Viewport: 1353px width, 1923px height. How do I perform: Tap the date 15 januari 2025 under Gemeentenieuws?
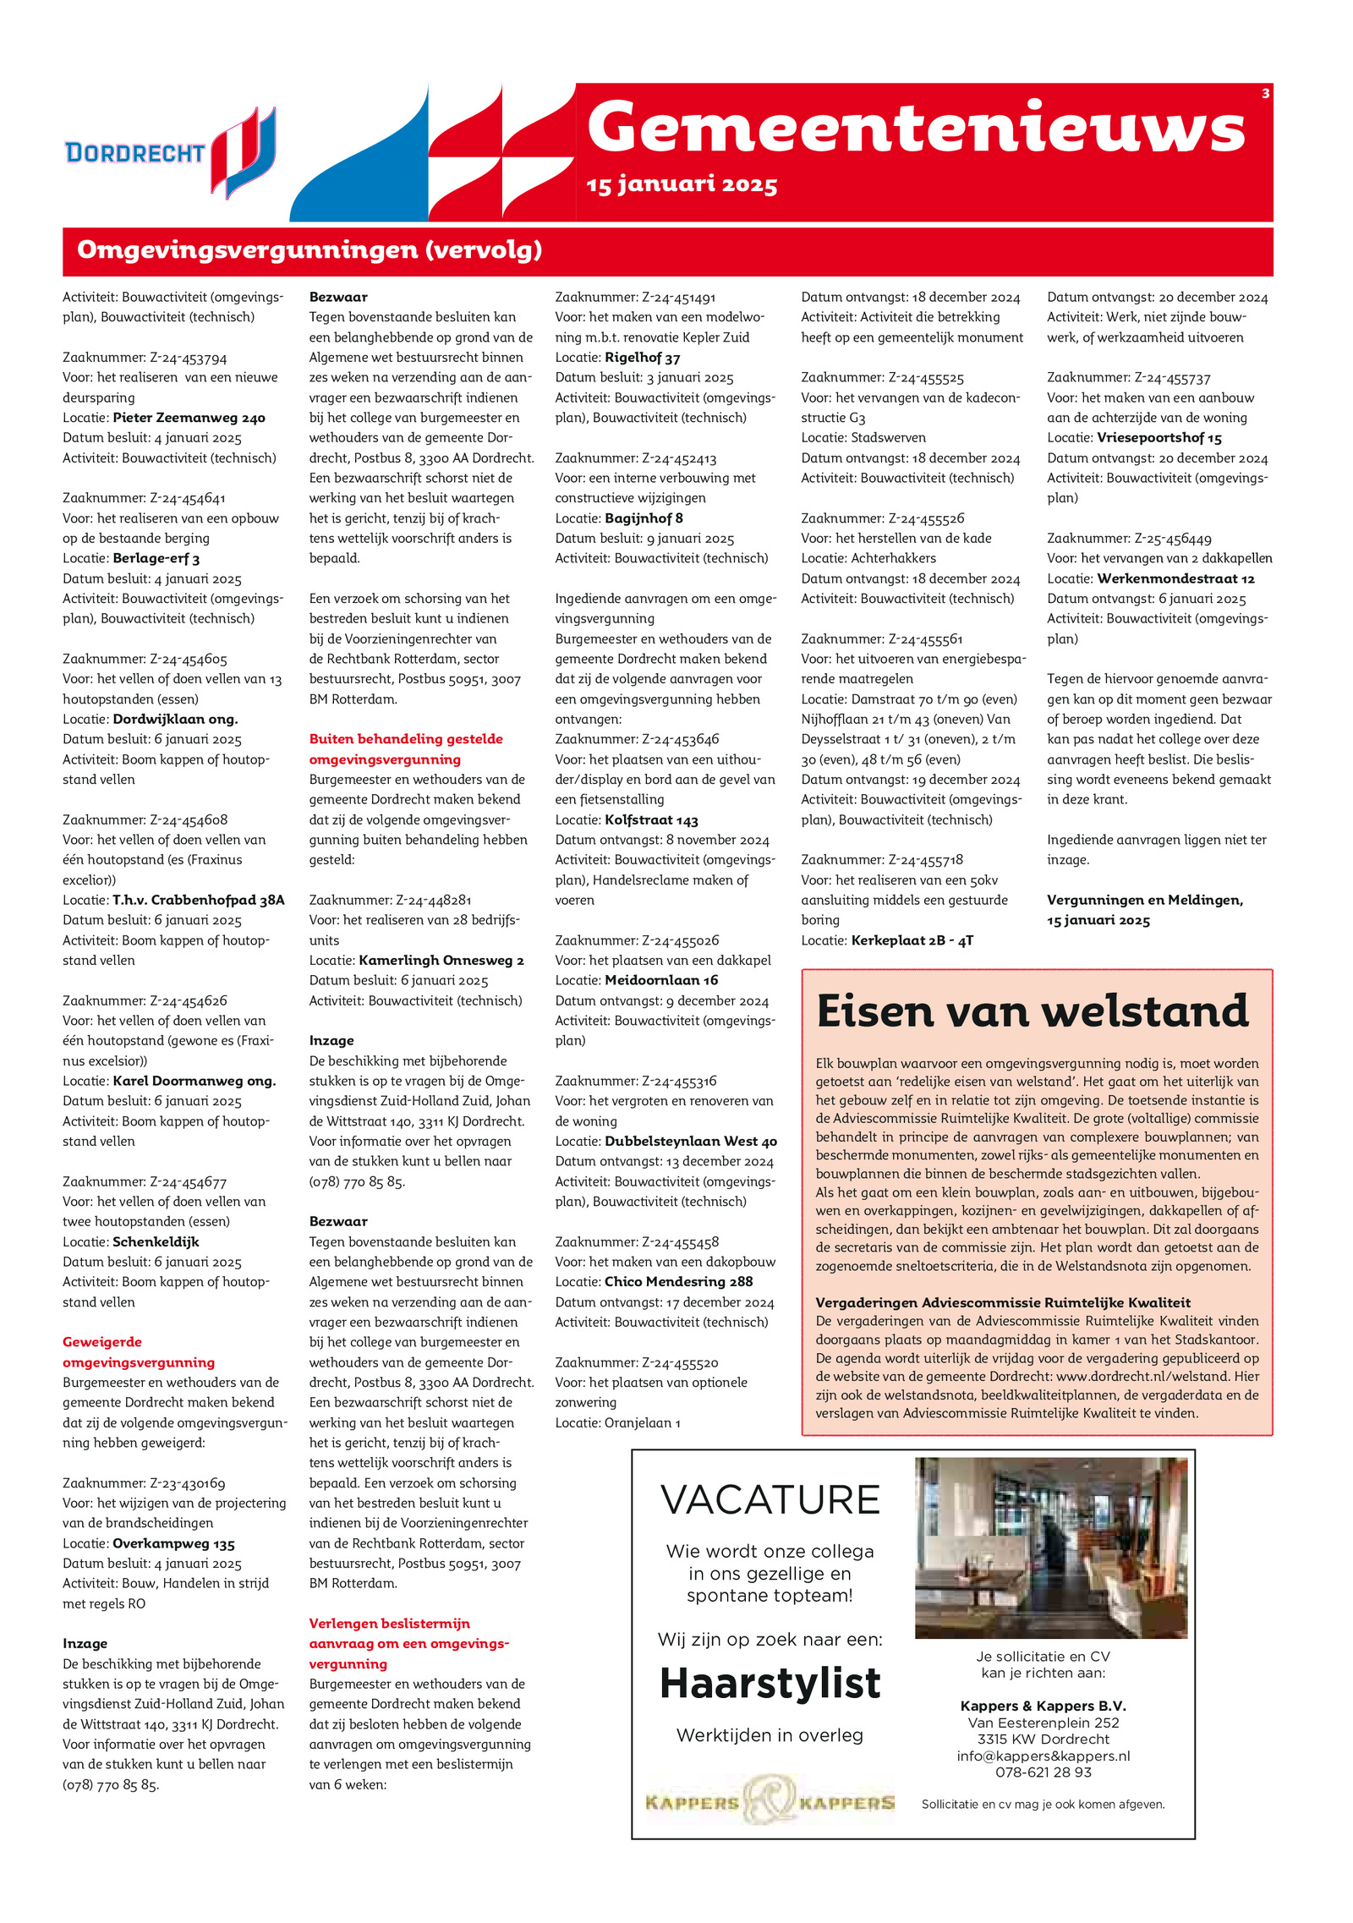click(x=682, y=184)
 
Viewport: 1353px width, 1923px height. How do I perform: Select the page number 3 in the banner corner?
click(x=1265, y=94)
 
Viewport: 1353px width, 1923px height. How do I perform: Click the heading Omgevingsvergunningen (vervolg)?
click(x=309, y=250)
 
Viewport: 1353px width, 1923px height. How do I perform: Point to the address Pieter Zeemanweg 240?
click(x=189, y=418)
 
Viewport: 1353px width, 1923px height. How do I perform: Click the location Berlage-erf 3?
click(x=156, y=558)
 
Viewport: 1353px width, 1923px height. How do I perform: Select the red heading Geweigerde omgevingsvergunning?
click(x=139, y=1351)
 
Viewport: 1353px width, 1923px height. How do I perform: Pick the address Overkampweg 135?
click(x=173, y=1543)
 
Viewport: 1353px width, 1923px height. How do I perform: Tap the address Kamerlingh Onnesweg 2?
click(x=441, y=961)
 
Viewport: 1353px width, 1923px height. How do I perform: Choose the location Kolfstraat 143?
click(x=651, y=819)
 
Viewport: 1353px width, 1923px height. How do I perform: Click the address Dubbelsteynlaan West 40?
click(x=690, y=1141)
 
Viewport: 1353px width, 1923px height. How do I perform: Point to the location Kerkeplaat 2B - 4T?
click(x=912, y=940)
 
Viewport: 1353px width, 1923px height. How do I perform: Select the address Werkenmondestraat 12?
click(x=1175, y=578)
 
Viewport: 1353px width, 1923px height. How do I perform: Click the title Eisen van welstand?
click(x=1033, y=1011)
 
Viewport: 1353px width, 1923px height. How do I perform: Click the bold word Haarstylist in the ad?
click(x=770, y=1683)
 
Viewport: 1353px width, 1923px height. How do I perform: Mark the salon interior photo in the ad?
click(x=1051, y=1547)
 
